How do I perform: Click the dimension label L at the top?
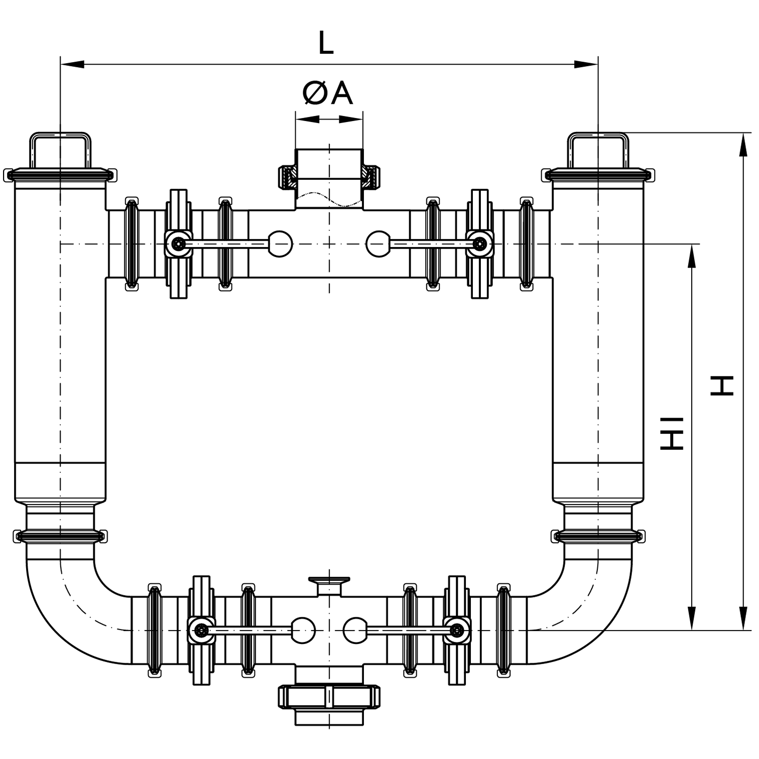click(326, 43)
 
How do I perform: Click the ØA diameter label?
click(328, 93)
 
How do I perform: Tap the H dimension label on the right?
click(722, 385)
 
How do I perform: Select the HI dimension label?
click(672, 433)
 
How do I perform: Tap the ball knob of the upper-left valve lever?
click(280, 244)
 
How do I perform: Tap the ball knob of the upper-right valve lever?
click(378, 244)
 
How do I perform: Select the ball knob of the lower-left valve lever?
click(303, 629)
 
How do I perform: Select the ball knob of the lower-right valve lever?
click(355, 629)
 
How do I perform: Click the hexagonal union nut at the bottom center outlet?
click(329, 696)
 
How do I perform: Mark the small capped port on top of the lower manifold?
click(329, 583)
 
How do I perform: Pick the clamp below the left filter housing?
click(60, 536)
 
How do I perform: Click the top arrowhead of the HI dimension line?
click(692, 256)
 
